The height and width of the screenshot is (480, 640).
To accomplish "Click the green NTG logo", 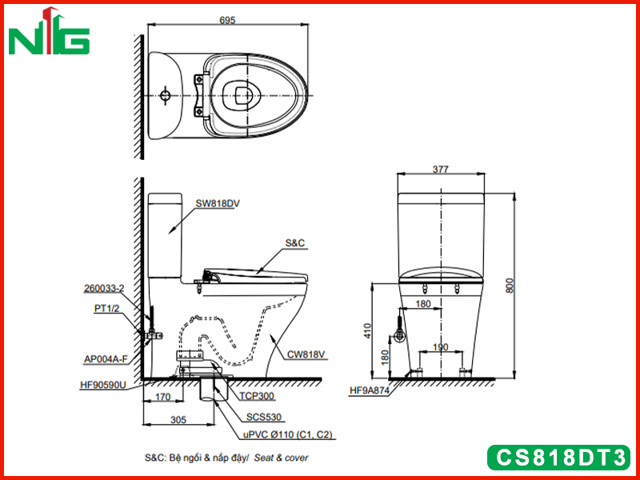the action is pyautogui.click(x=49, y=32).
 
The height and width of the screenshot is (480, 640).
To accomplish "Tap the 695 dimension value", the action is pyautogui.click(x=227, y=20).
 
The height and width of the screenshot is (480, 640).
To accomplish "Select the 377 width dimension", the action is pyautogui.click(x=441, y=169).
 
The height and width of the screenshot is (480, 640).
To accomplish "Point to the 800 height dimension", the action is pyautogui.click(x=510, y=286).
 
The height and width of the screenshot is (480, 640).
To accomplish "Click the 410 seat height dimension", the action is pyautogui.click(x=368, y=330).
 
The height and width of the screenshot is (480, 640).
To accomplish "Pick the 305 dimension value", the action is pyautogui.click(x=178, y=419).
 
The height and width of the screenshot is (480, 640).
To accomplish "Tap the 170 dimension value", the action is pyautogui.click(x=162, y=397).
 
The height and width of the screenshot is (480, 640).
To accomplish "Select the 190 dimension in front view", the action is pyautogui.click(x=441, y=347).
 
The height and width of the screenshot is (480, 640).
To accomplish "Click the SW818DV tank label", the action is pyautogui.click(x=217, y=203).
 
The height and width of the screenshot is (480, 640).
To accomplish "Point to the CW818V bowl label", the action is pyautogui.click(x=306, y=354).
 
